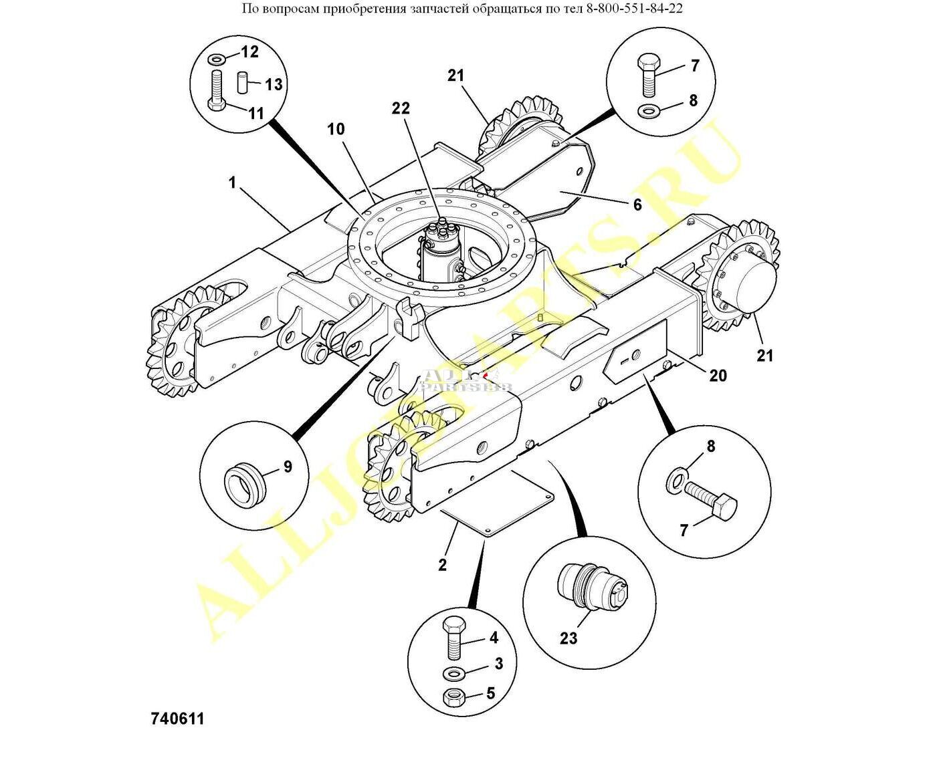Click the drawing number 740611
tap(177, 719)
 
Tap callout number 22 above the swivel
tap(401, 108)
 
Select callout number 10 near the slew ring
tap(336, 129)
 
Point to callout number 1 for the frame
tap(233, 182)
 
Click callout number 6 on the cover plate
tap(637, 205)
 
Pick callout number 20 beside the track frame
tap(718, 376)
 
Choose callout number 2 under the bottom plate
tap(442, 565)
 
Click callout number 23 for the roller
tap(569, 638)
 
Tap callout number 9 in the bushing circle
tap(288, 467)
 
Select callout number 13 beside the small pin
tap(274, 85)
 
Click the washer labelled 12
tap(217, 60)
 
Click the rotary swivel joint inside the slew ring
tap(442, 254)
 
